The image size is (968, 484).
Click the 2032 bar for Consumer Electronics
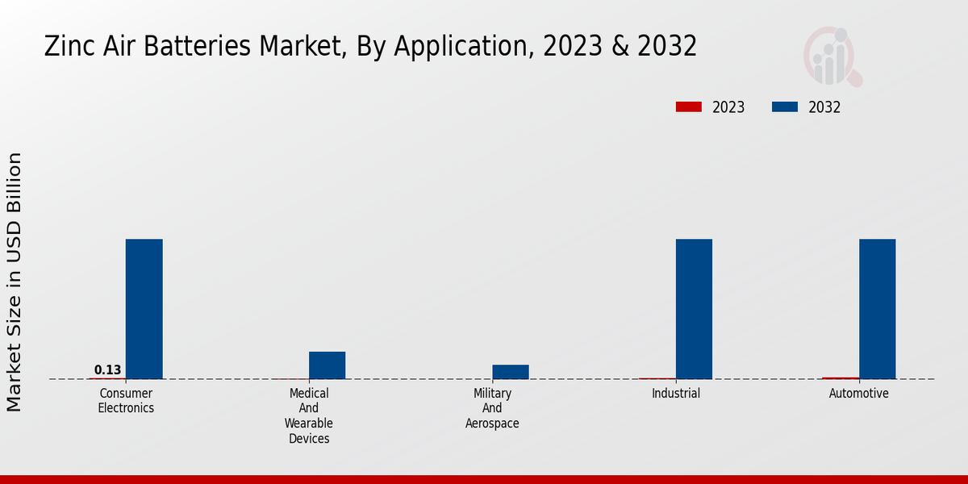pyautogui.click(x=144, y=309)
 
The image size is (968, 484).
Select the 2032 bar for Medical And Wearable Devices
pyautogui.click(x=327, y=365)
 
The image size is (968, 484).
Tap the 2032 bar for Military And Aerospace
pyautogui.click(x=511, y=372)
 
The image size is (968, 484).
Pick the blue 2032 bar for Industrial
pyautogui.click(x=694, y=309)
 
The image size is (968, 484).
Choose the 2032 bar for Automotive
pyautogui.click(x=877, y=309)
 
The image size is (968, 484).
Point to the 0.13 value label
pyautogui.click(x=107, y=370)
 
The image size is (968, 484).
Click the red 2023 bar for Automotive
pyautogui.click(x=841, y=378)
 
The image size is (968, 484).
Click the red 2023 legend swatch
pyautogui.click(x=689, y=107)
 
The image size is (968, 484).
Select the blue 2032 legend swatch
pyautogui.click(x=785, y=107)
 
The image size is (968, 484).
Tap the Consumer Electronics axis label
pyautogui.click(x=126, y=401)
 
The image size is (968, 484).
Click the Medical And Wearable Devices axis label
pyautogui.click(x=309, y=416)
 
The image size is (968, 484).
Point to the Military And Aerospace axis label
pyautogui.click(x=492, y=408)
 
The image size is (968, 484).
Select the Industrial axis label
pyautogui.click(x=676, y=394)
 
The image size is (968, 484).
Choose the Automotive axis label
pyautogui.click(x=859, y=394)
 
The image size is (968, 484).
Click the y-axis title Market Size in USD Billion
pyautogui.click(x=15, y=282)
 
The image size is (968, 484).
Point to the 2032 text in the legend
pyautogui.click(x=824, y=107)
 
